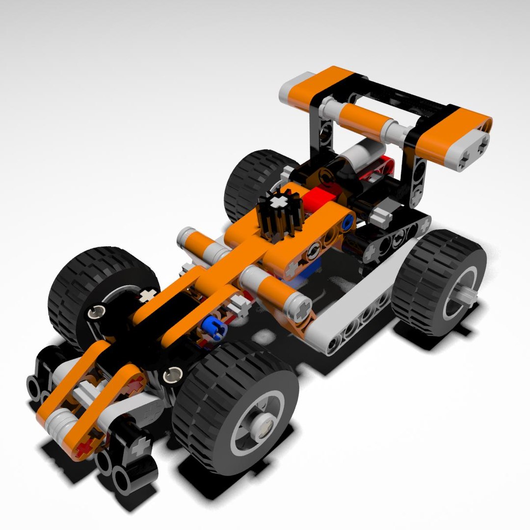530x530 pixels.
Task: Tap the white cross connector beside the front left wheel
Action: [x=147, y=295]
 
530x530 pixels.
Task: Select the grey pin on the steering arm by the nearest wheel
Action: [x=172, y=375]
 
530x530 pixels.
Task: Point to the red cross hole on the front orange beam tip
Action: [x=86, y=447]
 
